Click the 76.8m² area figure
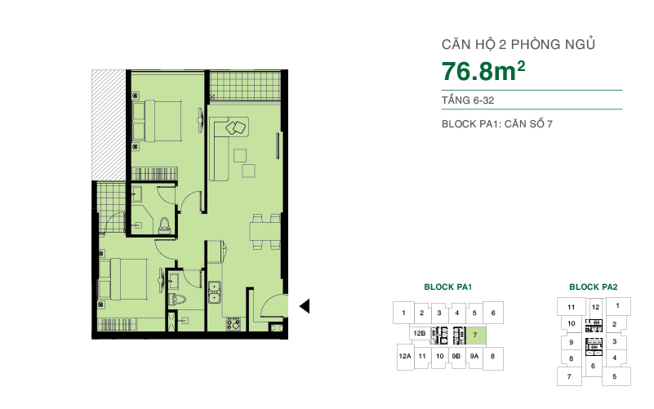click(x=483, y=71)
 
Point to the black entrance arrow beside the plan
click(x=305, y=306)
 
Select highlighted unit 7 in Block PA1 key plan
click(x=474, y=335)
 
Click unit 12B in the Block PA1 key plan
click(x=420, y=335)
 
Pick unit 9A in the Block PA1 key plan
click(x=474, y=357)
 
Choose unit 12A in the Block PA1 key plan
click(x=404, y=357)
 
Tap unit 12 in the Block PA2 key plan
click(x=596, y=308)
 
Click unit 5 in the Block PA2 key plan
click(x=615, y=376)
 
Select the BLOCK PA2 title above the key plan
click(x=593, y=287)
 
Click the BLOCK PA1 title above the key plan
click(x=448, y=287)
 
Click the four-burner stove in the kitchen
click(x=233, y=323)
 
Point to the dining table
click(x=262, y=231)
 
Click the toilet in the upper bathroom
click(x=166, y=225)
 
